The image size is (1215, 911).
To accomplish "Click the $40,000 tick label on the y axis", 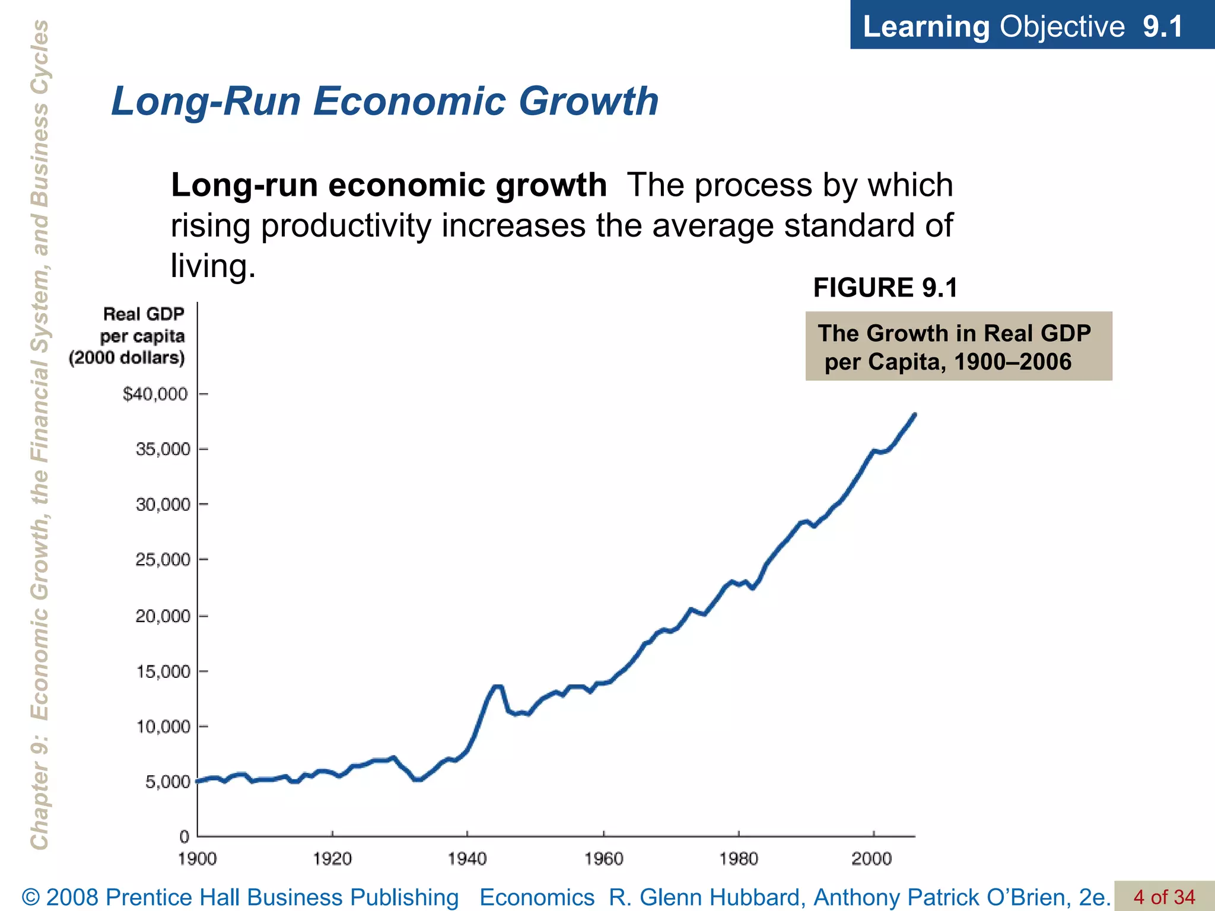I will click(155, 394).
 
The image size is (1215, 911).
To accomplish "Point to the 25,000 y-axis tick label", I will click(163, 559).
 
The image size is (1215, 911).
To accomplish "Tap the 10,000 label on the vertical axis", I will click(163, 727).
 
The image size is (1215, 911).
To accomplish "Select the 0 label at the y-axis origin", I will click(185, 837).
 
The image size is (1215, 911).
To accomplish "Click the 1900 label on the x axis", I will click(198, 859).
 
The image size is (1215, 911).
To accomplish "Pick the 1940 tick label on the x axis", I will click(467, 859).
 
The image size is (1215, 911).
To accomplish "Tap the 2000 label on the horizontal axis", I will click(872, 859).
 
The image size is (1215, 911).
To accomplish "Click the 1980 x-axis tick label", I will click(739, 859).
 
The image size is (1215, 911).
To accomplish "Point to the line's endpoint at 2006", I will click(915, 414).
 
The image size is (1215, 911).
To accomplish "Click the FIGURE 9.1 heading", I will click(885, 288).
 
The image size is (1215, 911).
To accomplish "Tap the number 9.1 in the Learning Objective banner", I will click(1163, 26).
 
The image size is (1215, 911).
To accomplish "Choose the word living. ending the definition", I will click(213, 266).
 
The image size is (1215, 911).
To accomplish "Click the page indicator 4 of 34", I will click(1164, 897).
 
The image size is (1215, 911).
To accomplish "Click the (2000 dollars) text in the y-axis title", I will click(127, 358).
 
